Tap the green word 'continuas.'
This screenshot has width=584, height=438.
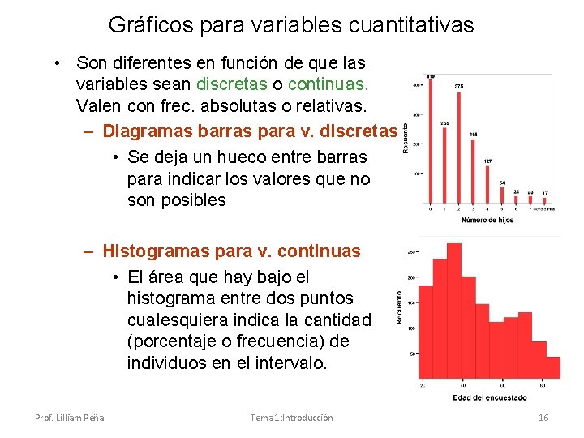tap(328, 84)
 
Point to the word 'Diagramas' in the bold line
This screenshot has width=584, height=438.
tap(147, 131)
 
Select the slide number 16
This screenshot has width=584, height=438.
tap(543, 417)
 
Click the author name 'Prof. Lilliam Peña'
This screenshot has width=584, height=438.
tap(69, 417)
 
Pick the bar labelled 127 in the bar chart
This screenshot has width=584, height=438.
tap(487, 184)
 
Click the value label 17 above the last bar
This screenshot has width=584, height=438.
tap(545, 193)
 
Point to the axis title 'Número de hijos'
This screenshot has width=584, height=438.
tap(488, 220)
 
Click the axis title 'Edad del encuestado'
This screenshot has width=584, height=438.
tap(491, 397)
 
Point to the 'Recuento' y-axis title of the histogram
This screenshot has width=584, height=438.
tap(400, 308)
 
